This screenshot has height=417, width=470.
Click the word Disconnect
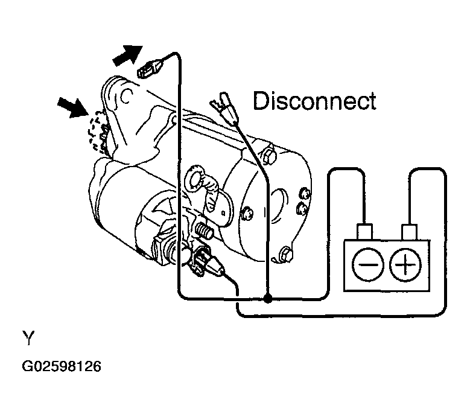[x=314, y=101]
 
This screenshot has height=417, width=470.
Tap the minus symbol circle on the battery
[x=368, y=265]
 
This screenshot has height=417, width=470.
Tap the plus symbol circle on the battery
[x=405, y=265]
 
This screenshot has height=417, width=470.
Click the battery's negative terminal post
[x=365, y=232]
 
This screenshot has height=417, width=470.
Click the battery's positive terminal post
[x=409, y=232]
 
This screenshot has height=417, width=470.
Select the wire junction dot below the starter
[x=268, y=298]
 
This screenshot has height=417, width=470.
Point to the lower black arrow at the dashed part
[x=73, y=107]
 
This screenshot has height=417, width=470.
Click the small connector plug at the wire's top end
[x=148, y=69]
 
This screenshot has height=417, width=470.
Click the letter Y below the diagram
[x=28, y=338]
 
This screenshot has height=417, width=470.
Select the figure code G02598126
[x=62, y=366]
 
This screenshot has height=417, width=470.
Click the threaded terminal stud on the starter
[x=204, y=231]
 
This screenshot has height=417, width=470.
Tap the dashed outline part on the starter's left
[x=97, y=133]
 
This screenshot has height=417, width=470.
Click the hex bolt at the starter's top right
[x=269, y=156]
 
